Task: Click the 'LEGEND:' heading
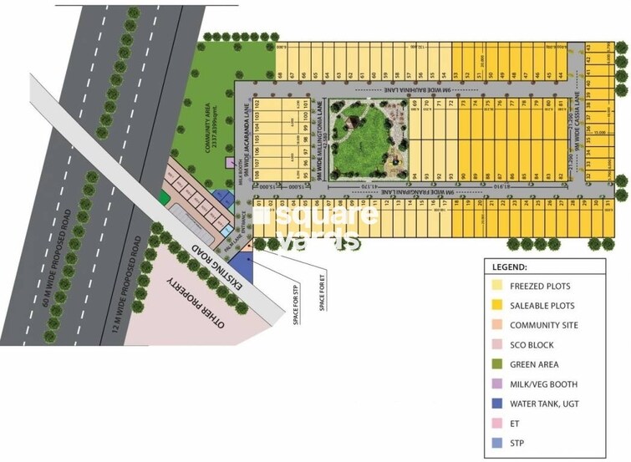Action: click(x=510, y=267)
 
